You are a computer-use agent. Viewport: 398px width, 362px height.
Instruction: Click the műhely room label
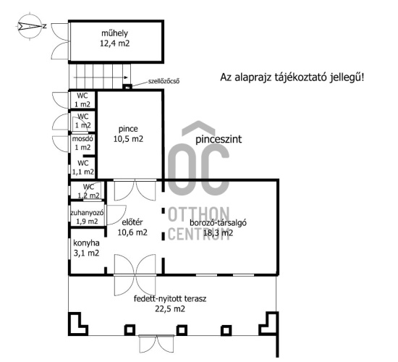pyautogui.click(x=114, y=33)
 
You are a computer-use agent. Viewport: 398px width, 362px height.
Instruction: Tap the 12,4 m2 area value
pyautogui.click(x=115, y=43)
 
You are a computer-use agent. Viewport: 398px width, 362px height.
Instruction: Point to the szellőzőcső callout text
pyautogui.click(x=164, y=81)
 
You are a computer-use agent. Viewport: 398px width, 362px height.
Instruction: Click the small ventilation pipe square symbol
pyautogui.click(x=127, y=87)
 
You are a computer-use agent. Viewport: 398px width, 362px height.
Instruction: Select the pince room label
pyautogui.click(x=128, y=129)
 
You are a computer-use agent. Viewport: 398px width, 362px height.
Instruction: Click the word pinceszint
pyautogui.click(x=219, y=139)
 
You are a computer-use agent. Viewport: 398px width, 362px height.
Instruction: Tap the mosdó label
pyautogui.click(x=82, y=139)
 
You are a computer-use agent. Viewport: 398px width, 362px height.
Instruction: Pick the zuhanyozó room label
pyautogui.click(x=87, y=213)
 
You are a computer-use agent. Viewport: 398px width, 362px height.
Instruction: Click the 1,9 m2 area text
pyautogui.click(x=87, y=222)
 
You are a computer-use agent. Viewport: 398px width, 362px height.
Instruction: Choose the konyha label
pyautogui.click(x=86, y=243)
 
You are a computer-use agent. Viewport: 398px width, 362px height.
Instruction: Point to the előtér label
pyautogui.click(x=132, y=222)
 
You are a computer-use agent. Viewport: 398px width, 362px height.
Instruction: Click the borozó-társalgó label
pyautogui.click(x=219, y=223)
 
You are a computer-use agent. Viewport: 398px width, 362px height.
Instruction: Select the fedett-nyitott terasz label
pyautogui.click(x=170, y=299)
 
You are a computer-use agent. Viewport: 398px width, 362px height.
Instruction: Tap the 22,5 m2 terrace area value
pyautogui.click(x=170, y=309)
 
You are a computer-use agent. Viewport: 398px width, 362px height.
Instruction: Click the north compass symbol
pyautogui.click(x=30, y=26)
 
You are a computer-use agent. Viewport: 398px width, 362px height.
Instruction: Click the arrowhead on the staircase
pyautogui.click(x=126, y=77)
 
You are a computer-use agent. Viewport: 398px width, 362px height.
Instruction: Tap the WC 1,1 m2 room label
pyautogui.click(x=83, y=167)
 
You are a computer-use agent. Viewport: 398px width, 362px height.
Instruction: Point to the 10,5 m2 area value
pyautogui.click(x=128, y=139)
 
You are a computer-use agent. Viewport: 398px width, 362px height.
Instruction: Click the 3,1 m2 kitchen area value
pyautogui.click(x=86, y=253)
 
